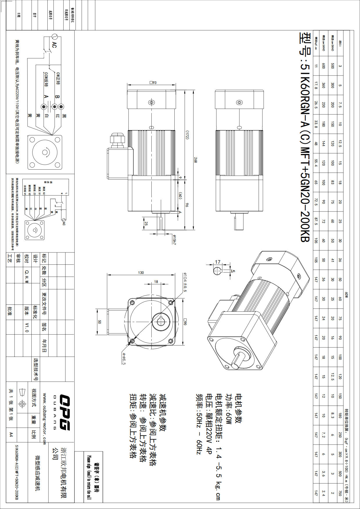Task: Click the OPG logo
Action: coord(65,412)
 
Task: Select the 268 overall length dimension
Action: coord(196,159)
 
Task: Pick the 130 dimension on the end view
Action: coord(141,273)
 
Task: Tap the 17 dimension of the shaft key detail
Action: coord(218,262)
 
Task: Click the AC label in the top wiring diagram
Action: coord(54,45)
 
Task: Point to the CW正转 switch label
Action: coord(58,78)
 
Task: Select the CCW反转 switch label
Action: coord(46,80)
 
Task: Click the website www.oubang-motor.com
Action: coord(44,419)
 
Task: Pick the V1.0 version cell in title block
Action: coord(27,327)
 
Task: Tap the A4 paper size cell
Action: coord(11,434)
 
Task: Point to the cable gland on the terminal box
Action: coord(116,139)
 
